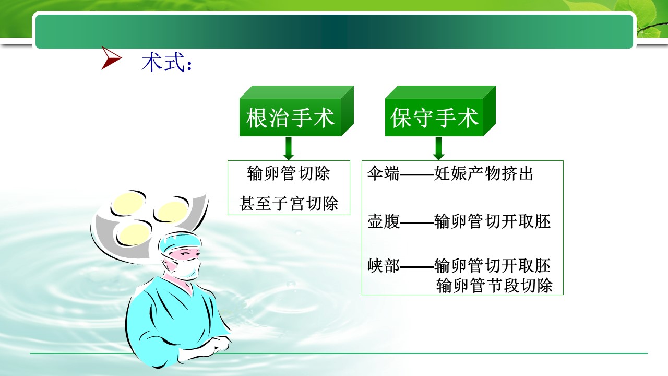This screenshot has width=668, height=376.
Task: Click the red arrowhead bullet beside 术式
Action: point(111,58)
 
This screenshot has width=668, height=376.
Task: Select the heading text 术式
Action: point(163,62)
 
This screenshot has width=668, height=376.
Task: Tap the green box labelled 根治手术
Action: point(296,111)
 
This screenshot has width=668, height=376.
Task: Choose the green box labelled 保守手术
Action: point(440,111)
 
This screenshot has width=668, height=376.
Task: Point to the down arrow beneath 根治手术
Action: point(289,148)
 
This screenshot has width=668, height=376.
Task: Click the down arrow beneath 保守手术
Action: point(438,148)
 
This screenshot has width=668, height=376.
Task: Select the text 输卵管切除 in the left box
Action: point(289,173)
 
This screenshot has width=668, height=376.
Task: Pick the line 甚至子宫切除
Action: point(289,204)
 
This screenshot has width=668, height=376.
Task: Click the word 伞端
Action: point(383,173)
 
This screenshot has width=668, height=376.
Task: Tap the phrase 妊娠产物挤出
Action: point(483,173)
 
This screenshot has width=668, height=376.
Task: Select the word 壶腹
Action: point(384,221)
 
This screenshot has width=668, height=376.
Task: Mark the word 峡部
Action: point(384,265)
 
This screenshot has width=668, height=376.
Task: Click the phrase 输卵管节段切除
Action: point(494,285)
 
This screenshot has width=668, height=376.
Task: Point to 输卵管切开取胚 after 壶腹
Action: point(492,221)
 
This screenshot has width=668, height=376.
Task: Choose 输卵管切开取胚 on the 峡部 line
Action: point(492,265)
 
